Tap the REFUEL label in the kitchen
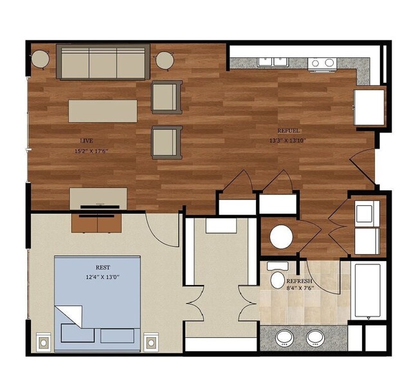click(x=287, y=129)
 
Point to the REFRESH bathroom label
click(x=299, y=281)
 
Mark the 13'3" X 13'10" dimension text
click(x=287, y=140)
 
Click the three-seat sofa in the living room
click(x=103, y=62)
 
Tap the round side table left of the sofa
click(x=41, y=60)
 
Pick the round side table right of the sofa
click(x=164, y=60)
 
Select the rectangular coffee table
click(x=103, y=109)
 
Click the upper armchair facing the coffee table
click(x=165, y=96)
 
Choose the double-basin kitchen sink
click(x=273, y=62)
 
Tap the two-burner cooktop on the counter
click(x=322, y=62)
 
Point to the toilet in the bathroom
click(x=278, y=278)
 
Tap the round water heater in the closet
click(x=281, y=237)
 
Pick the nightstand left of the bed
click(x=44, y=340)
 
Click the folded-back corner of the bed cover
click(x=69, y=315)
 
